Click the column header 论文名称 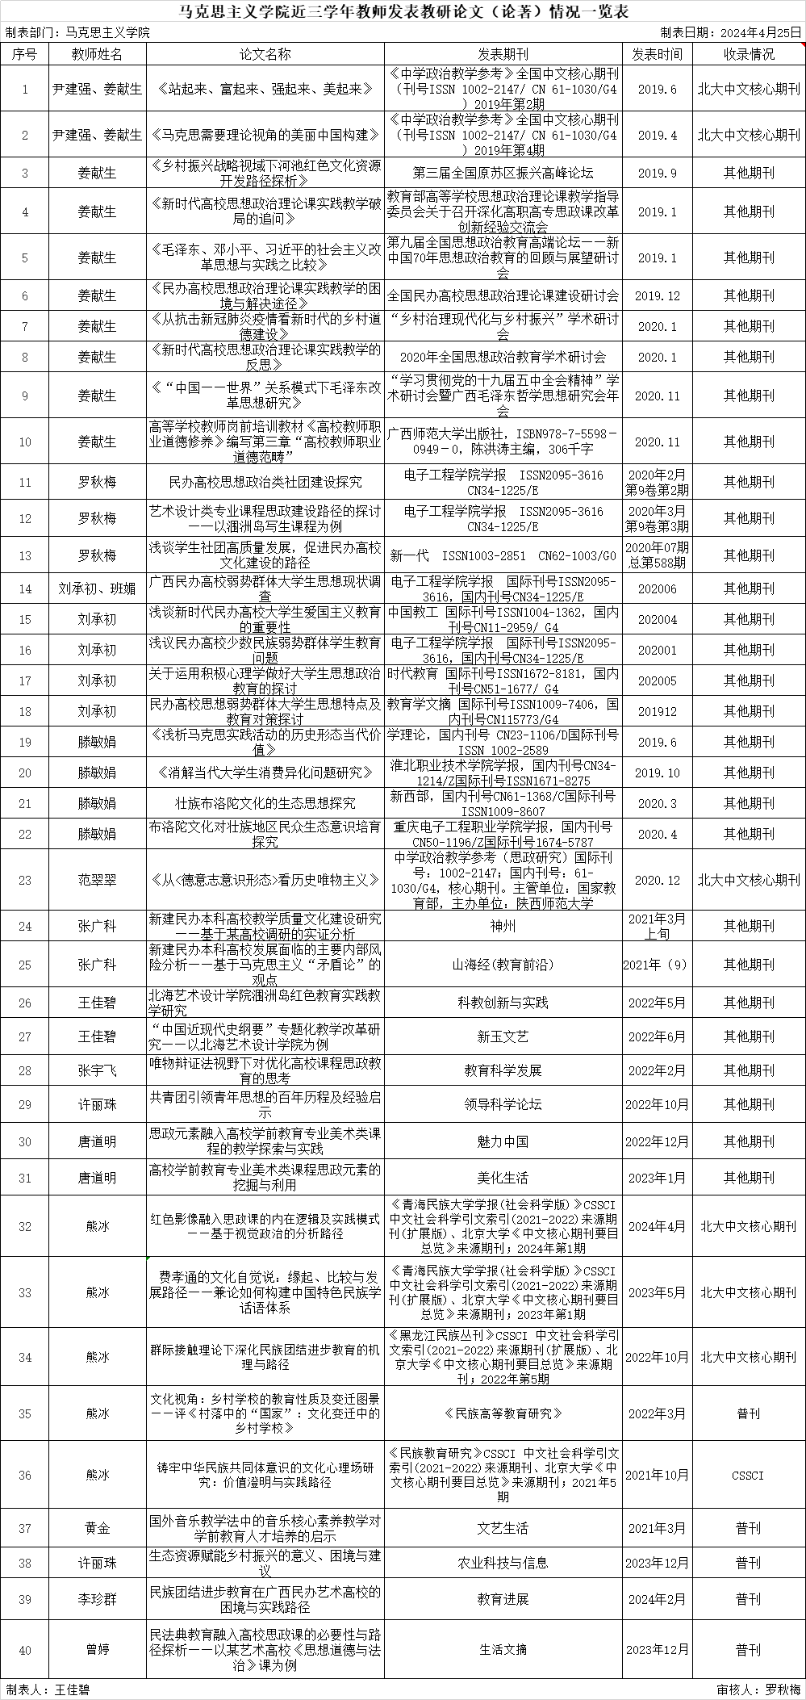265,54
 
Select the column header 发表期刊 503,54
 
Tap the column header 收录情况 748,54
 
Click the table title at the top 403,11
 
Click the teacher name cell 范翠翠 97,880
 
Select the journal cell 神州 503,926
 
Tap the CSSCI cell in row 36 748,1475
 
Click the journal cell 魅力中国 503,1141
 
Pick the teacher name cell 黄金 97,1527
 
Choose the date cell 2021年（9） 656,965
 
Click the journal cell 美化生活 503,1178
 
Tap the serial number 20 25,773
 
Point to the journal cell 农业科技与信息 503,1563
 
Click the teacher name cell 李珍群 97,1599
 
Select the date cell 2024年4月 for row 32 656,1226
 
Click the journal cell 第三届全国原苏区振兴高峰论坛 503,173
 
